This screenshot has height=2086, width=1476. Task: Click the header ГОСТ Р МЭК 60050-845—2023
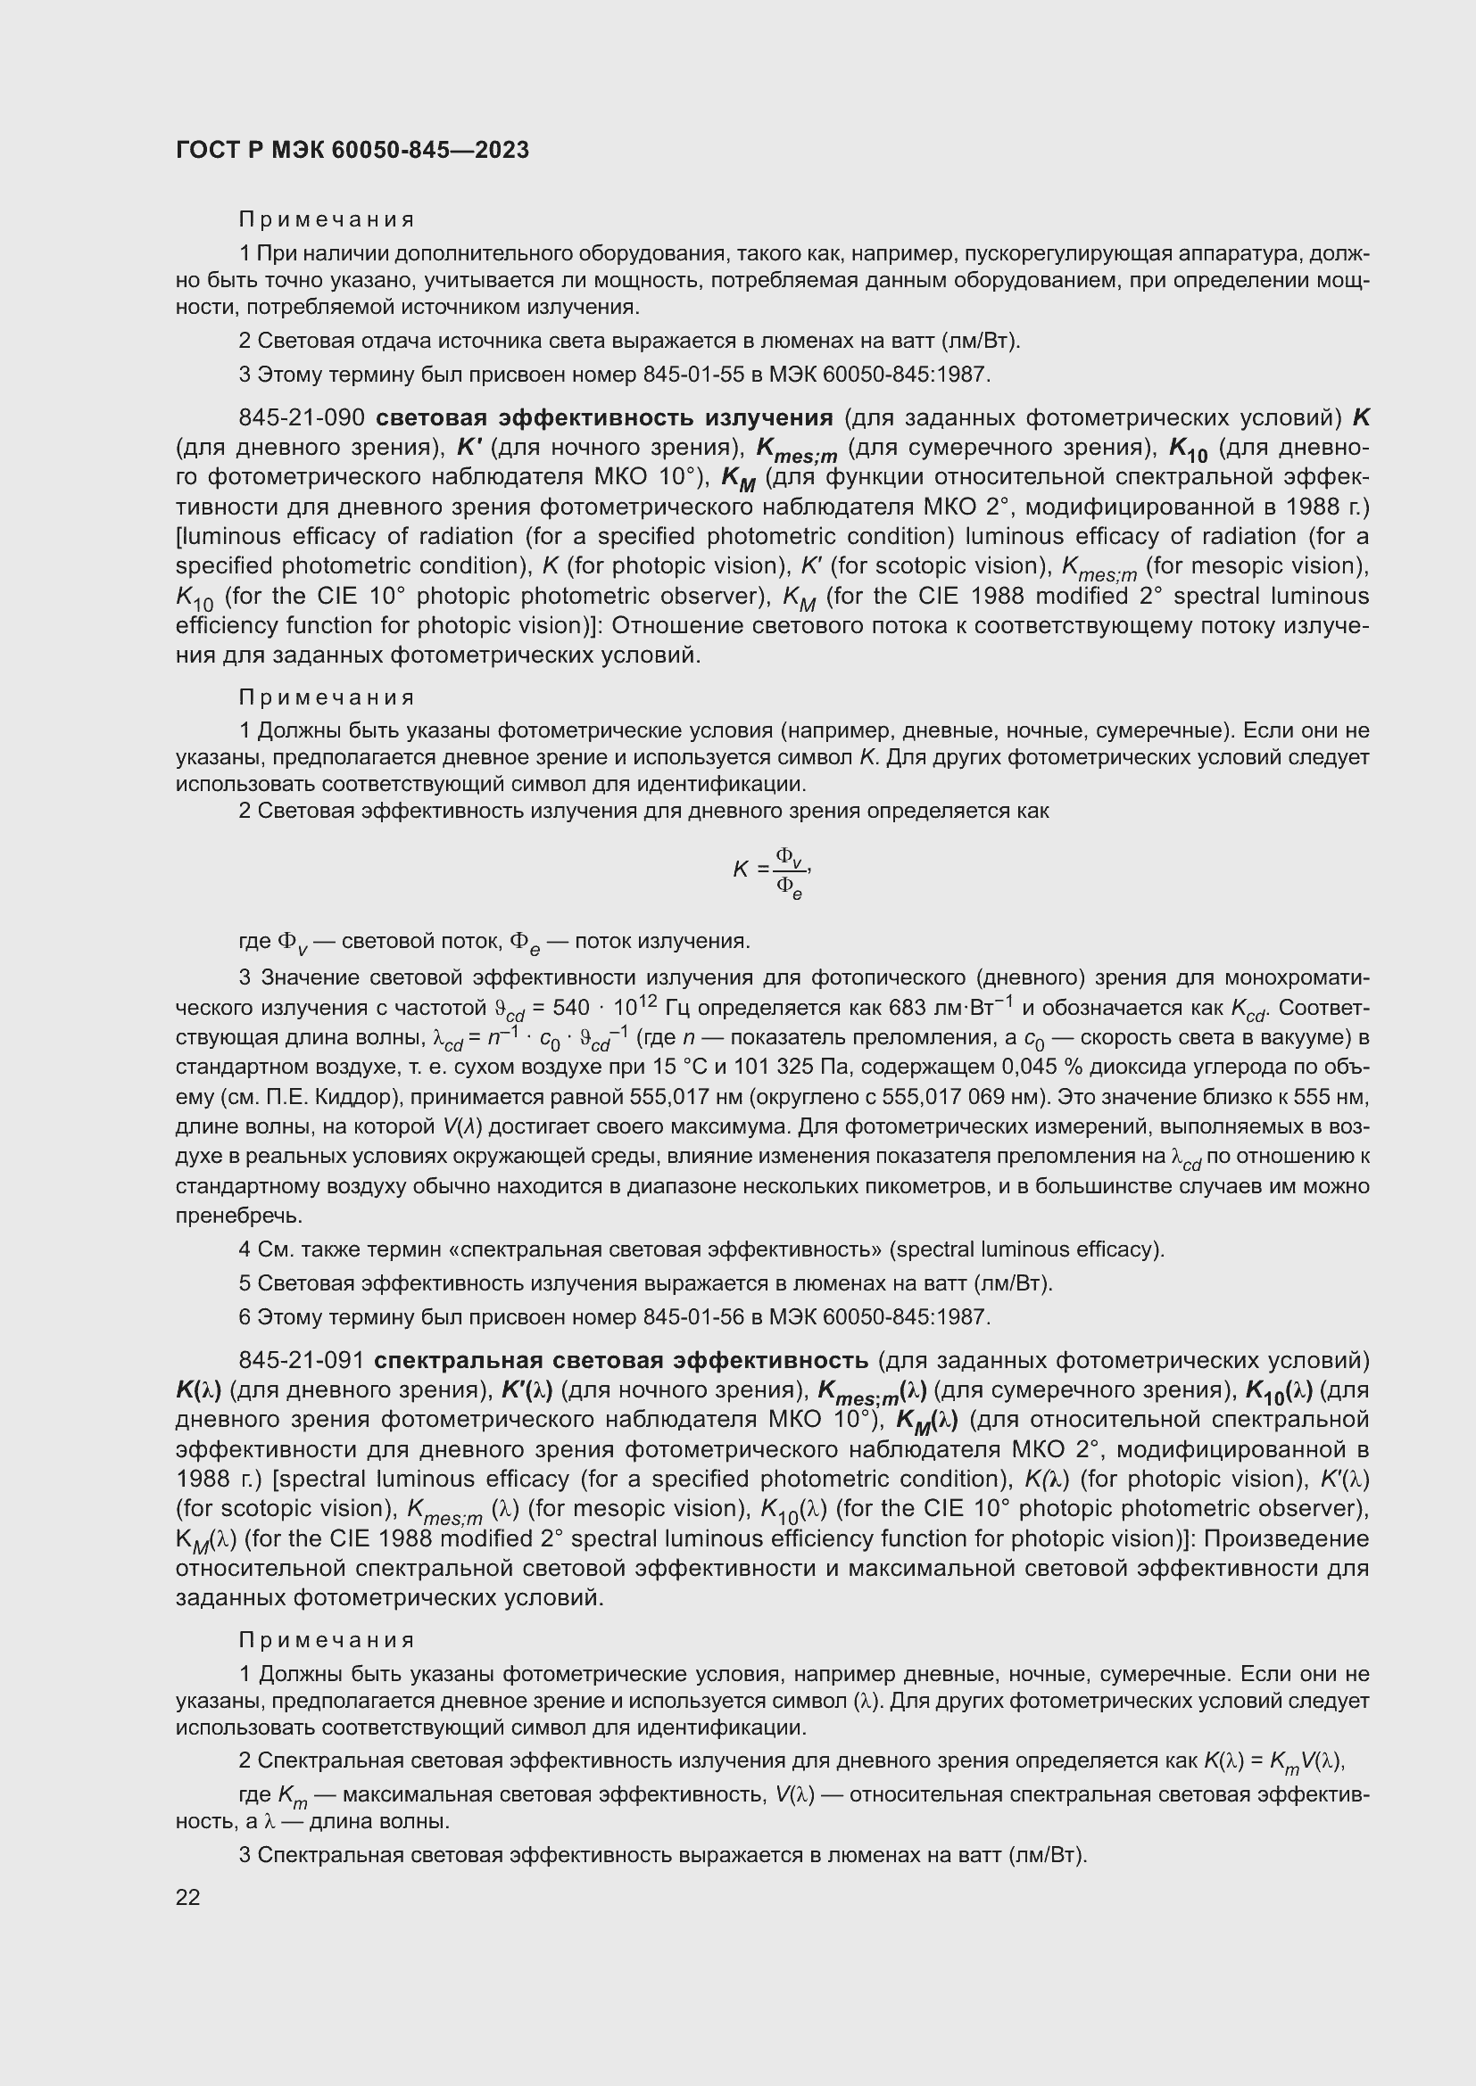(352, 150)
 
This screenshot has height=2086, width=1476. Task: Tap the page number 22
(188, 1897)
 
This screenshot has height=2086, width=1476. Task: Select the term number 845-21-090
(301, 418)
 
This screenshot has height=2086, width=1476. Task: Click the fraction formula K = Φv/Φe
(772, 871)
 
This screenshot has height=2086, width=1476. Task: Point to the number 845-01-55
(696, 375)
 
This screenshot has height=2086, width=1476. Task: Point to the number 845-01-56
(696, 1316)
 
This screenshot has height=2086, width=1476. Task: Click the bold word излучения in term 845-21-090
(769, 418)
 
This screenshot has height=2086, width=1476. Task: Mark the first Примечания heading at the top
(327, 220)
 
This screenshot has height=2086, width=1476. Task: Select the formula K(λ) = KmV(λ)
(1273, 1760)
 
